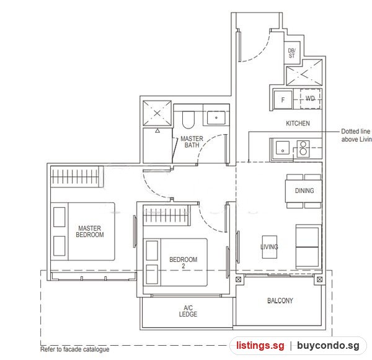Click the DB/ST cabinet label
tap(291, 53)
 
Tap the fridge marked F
tap(283, 100)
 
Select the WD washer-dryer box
tap(310, 98)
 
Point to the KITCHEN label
tap(298, 124)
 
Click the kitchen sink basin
tap(283, 148)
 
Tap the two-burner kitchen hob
tap(303, 148)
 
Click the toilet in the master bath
tap(188, 119)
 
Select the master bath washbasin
tap(216, 118)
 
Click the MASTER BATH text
tap(192, 142)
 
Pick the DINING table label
tap(304, 191)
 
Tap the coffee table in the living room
tap(270, 247)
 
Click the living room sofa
tap(308, 247)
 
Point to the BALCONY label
tap(280, 300)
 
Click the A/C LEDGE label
tap(188, 311)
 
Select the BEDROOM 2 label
tap(183, 263)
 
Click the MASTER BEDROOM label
tap(90, 232)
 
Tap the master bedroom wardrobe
tap(77, 177)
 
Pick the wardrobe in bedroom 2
tap(167, 215)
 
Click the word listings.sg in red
tap(260, 346)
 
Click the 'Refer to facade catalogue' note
tap(75, 349)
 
